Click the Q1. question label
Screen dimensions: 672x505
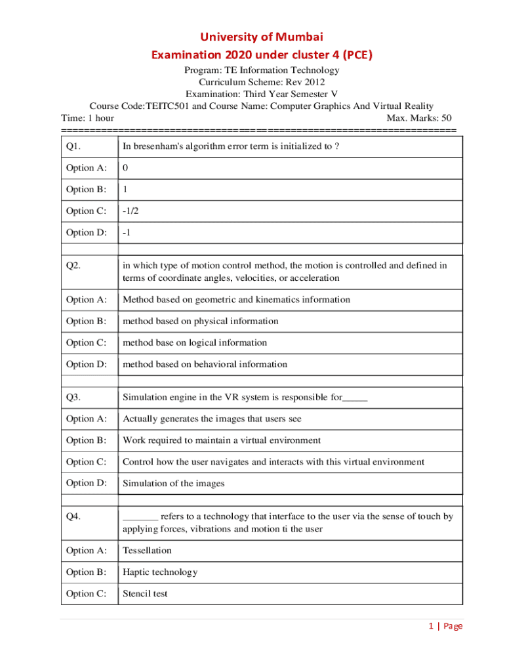click(x=73, y=146)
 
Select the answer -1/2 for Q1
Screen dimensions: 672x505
click(x=131, y=211)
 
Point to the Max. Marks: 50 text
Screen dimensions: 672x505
click(x=419, y=118)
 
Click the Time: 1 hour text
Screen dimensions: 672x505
click(x=87, y=118)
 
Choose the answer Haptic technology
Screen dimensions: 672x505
click(x=159, y=572)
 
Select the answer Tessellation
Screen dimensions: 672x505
click(x=147, y=550)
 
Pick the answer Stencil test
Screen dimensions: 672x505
click(x=145, y=593)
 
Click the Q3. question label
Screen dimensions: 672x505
click(x=73, y=396)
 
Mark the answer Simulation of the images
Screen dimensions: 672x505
click(x=173, y=483)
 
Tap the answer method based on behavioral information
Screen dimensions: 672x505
click(x=205, y=364)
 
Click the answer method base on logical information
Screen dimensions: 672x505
click(x=195, y=342)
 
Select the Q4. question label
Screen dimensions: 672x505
click(x=73, y=516)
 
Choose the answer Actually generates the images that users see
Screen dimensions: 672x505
click(x=212, y=418)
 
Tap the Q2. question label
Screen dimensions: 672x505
click(x=73, y=266)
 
